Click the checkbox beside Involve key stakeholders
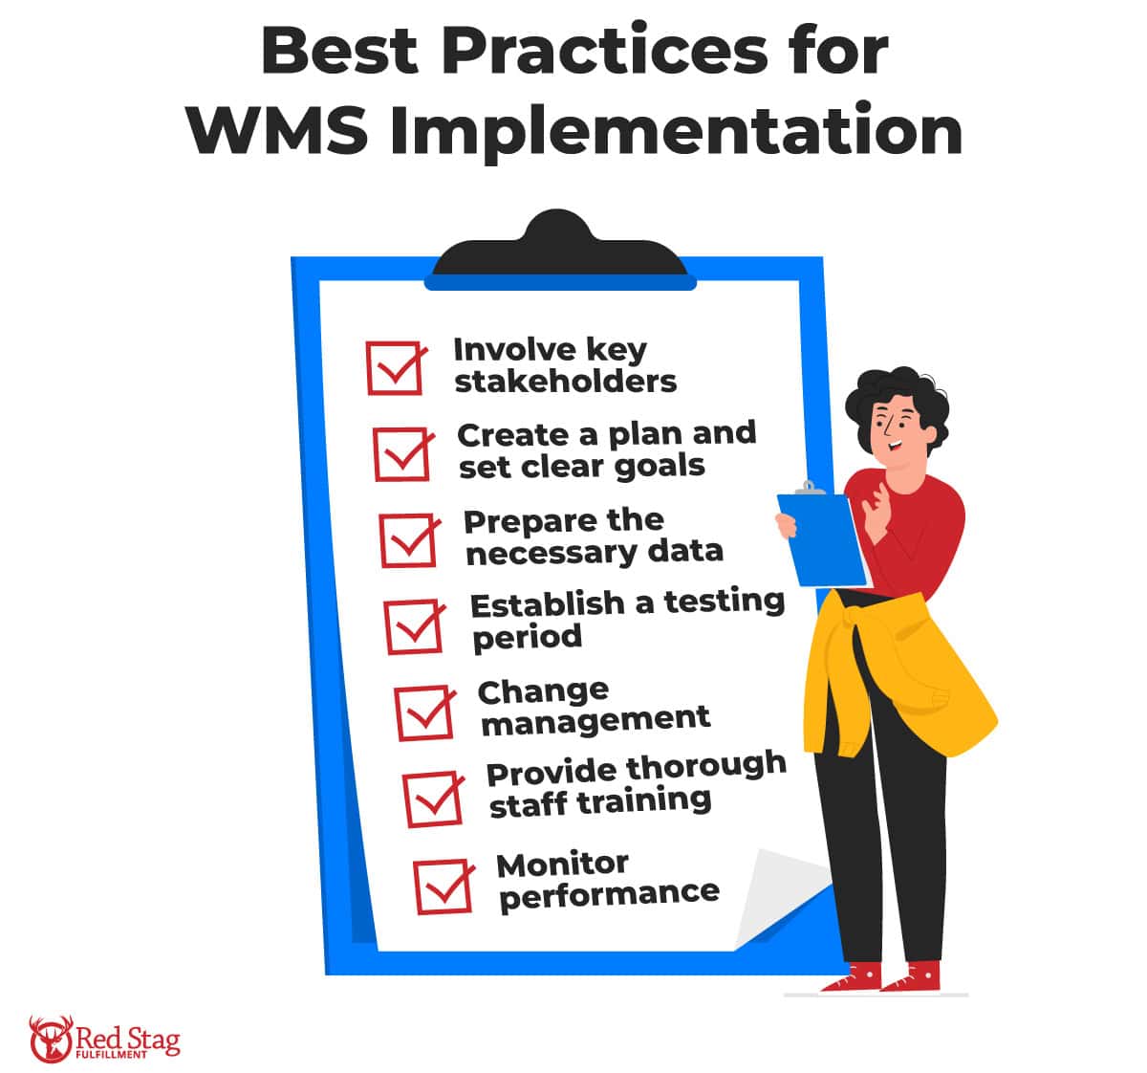point(394,368)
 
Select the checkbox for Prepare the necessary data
point(409,540)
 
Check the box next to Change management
point(424,712)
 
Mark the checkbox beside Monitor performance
point(443,887)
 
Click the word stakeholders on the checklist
point(565,382)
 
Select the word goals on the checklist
point(660,466)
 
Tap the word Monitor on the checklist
point(562,865)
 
